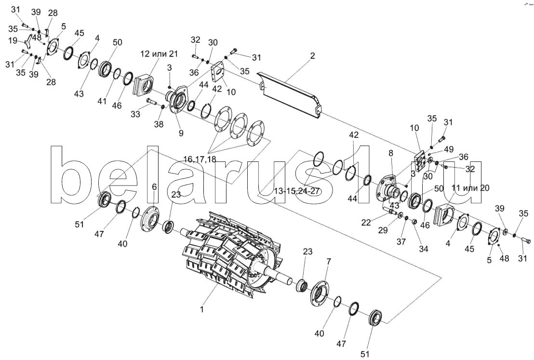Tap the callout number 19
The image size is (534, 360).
coord(13,41)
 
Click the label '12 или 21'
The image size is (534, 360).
coord(159,54)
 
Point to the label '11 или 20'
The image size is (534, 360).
coord(470,188)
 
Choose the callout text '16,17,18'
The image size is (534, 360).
coord(200,159)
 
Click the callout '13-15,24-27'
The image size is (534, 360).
coord(296,191)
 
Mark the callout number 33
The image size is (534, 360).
coord(135,114)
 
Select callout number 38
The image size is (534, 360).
coord(159,124)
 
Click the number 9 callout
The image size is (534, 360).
coord(181,133)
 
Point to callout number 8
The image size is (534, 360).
coord(391,153)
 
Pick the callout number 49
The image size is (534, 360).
coord(449,149)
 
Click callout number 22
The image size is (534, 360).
coord(366,222)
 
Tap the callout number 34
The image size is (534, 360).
coord(423,249)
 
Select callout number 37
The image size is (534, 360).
coord(401,241)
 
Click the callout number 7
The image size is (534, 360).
coord(329,262)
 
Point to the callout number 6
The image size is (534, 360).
coord(154,187)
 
